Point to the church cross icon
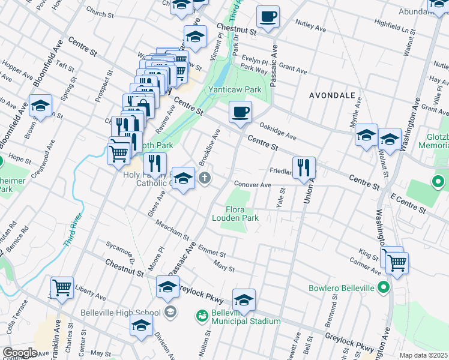205,178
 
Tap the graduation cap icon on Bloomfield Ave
40,106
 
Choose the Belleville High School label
120,312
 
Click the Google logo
20,353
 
